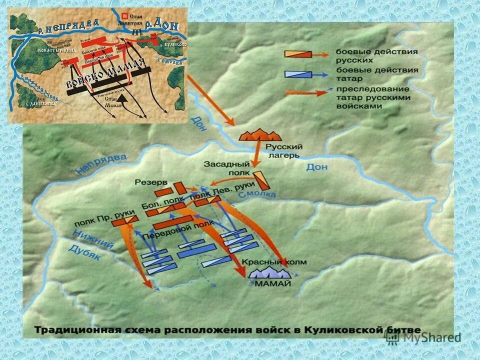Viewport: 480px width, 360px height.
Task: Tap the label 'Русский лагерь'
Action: (x=284, y=150)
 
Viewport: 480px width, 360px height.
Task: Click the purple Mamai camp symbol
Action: (x=270, y=272)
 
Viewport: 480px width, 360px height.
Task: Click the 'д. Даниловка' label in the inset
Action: (x=39, y=103)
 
